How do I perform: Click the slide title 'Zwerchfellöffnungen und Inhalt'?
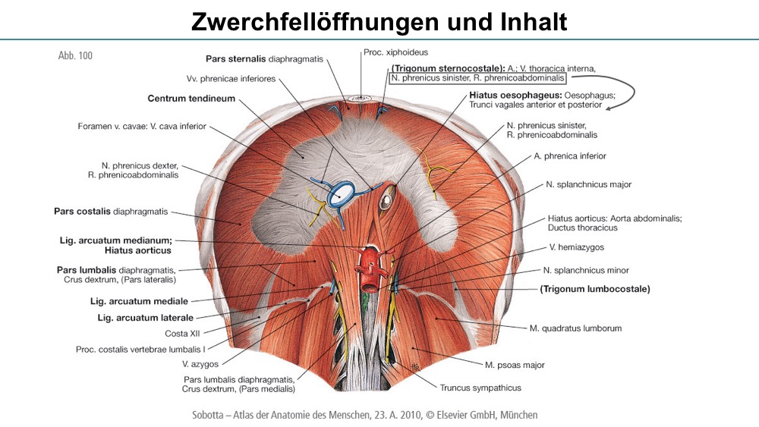click(x=379, y=21)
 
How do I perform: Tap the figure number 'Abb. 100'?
click(x=75, y=55)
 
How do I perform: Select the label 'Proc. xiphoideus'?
click(x=396, y=52)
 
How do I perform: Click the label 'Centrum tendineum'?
click(x=191, y=98)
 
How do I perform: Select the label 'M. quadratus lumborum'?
click(x=575, y=328)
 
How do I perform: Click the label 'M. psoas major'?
click(x=515, y=365)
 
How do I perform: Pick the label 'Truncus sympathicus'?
click(x=480, y=388)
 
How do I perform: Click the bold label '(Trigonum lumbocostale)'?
click(x=595, y=289)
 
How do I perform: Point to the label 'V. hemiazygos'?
click(x=577, y=247)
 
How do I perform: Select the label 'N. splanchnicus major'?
click(x=589, y=184)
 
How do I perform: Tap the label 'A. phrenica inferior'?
click(x=570, y=155)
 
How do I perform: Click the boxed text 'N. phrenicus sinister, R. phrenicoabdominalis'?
click(x=477, y=78)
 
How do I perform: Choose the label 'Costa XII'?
click(x=182, y=334)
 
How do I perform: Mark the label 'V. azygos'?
click(x=200, y=364)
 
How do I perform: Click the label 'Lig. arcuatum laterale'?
click(x=145, y=318)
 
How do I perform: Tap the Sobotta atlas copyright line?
click(x=365, y=415)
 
